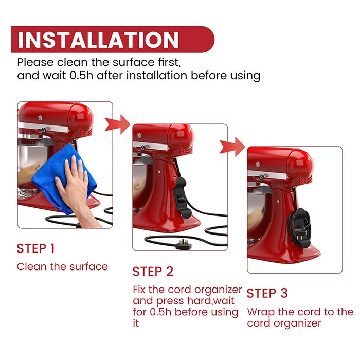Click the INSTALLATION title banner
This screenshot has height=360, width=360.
113,40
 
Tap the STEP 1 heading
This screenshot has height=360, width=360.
36,248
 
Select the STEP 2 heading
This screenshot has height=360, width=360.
153,272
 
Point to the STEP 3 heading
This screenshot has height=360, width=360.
267,293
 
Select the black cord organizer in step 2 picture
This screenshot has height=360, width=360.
182,197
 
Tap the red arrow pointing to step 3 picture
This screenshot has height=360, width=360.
232,147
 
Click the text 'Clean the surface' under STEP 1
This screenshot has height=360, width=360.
62,266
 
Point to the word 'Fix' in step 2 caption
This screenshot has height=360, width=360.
139,289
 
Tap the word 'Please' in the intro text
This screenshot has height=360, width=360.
35,62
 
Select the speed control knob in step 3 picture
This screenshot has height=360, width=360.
261,177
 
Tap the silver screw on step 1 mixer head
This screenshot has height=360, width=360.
40,118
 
